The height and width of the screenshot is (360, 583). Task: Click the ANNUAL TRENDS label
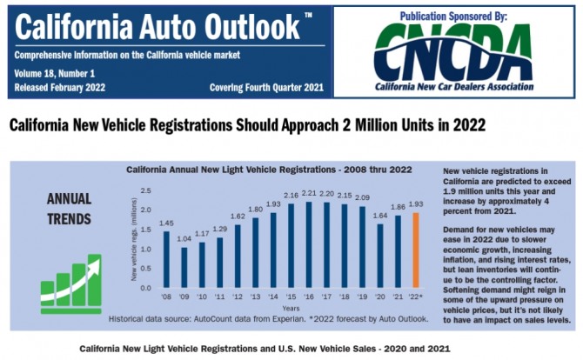(x=68, y=207)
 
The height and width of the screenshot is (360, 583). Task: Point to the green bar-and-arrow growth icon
(x=72, y=277)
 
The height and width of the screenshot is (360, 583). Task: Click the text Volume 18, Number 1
(x=51, y=75)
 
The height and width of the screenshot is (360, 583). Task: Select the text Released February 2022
(x=60, y=88)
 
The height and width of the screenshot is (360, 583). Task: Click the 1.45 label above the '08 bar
(x=165, y=223)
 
